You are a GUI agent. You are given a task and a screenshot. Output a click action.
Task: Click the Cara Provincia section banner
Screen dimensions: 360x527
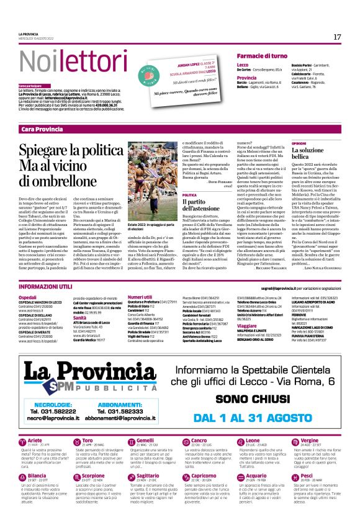pyautogui.click(x=42, y=129)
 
